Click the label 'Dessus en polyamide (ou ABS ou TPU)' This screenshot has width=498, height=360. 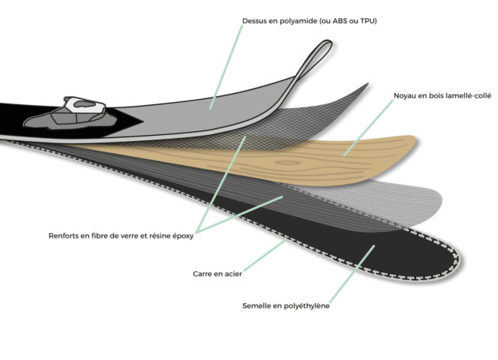[309, 21]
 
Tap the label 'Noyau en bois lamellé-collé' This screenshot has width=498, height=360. [442, 96]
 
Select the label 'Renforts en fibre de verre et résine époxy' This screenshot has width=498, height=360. [121, 235]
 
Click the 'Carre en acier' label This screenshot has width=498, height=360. [217, 274]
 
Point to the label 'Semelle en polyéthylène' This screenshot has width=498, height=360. [286, 306]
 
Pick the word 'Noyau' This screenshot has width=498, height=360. [405, 96]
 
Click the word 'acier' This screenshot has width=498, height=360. [232, 274]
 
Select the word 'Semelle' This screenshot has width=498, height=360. [256, 306]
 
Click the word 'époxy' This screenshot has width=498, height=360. [183, 236]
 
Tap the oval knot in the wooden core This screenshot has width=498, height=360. [288, 163]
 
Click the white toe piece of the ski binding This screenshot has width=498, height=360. [84, 105]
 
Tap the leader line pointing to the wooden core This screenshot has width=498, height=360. [368, 128]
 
